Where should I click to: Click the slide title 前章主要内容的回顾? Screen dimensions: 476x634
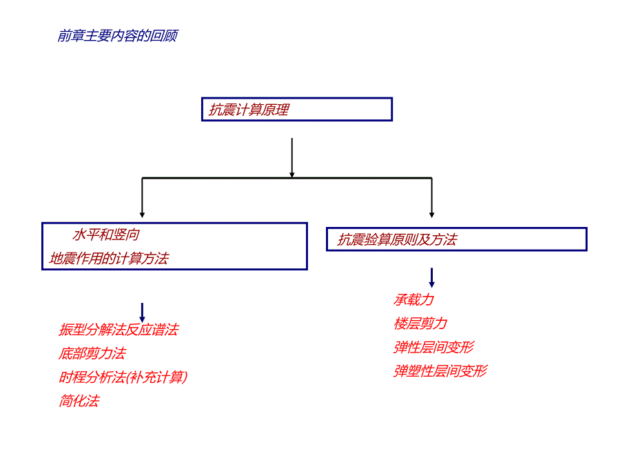pyautogui.click(x=117, y=36)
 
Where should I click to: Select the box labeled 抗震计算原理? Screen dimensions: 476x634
pyautogui.click(x=296, y=110)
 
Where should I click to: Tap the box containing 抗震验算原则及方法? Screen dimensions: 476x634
pyautogui.click(x=456, y=239)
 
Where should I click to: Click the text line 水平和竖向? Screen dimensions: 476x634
pyautogui.click(x=106, y=235)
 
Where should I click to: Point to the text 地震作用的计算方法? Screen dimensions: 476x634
pyautogui.click(x=109, y=259)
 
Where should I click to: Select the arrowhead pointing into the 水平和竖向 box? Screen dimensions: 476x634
pyautogui.click(x=142, y=213)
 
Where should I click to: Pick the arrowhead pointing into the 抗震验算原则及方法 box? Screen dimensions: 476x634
pyautogui.click(x=432, y=213)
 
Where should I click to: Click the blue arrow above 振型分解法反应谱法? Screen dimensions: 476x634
pyautogui.click(x=142, y=312)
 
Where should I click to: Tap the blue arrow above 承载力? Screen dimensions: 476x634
pyautogui.click(x=432, y=277)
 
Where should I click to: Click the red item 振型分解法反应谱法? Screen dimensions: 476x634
pyautogui.click(x=119, y=330)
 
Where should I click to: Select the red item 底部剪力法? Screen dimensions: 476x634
pyautogui.click(x=92, y=354)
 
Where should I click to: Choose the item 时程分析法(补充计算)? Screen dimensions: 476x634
pyautogui.click(x=123, y=377)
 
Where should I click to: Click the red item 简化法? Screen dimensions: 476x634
pyautogui.click(x=79, y=401)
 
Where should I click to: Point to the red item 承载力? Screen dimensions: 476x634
pyautogui.click(x=413, y=299)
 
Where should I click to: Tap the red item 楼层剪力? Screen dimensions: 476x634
pyautogui.click(x=420, y=324)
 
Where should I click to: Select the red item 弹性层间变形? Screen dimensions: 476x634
pyautogui.click(x=433, y=347)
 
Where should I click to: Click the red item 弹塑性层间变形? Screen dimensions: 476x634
pyautogui.click(x=440, y=371)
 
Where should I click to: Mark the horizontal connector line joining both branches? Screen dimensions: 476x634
pyautogui.click(x=287, y=178)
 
